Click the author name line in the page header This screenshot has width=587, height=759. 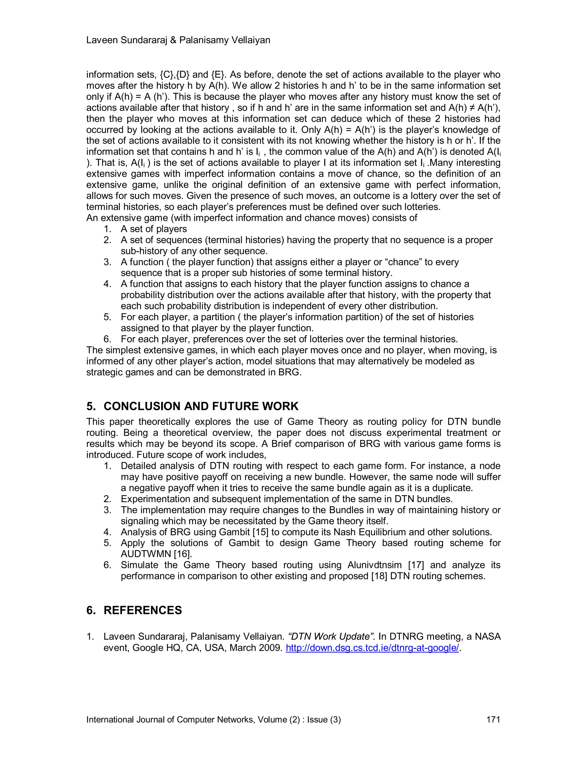point(178,40)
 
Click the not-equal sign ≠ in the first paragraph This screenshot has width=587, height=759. point(472,108)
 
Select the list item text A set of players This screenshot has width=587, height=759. point(153,229)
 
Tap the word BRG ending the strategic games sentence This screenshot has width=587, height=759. point(289,372)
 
